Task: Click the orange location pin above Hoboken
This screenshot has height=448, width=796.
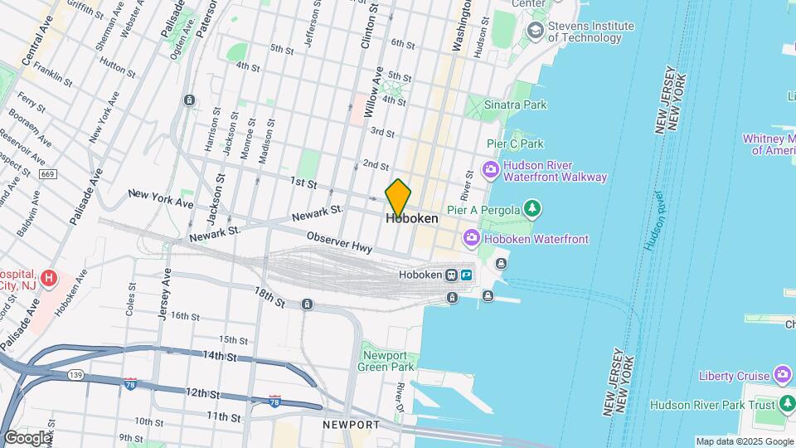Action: tap(398, 197)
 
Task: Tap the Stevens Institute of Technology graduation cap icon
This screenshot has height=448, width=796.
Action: tap(535, 31)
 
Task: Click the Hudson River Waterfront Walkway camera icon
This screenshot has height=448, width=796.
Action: tap(491, 171)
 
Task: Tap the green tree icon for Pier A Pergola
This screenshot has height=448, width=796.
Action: tap(534, 209)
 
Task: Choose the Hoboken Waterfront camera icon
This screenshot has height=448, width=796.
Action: tap(472, 239)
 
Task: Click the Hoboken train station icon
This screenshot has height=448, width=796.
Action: tap(451, 275)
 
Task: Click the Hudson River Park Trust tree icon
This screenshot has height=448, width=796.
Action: tap(788, 405)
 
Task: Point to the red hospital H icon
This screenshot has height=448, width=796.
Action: tap(50, 276)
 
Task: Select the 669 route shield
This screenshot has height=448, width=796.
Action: tap(48, 173)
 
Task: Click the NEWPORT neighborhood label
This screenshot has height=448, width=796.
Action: tap(352, 425)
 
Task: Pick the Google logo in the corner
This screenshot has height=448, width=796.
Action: tap(27, 437)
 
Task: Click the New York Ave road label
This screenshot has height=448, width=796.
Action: tap(161, 198)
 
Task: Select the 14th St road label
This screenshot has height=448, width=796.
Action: tap(219, 356)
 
